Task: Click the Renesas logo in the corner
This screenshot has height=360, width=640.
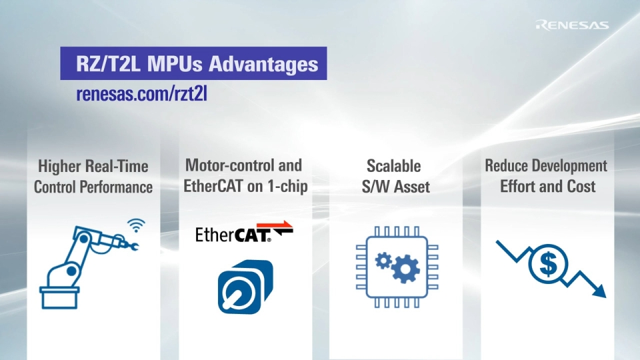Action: pyautogui.click(x=572, y=25)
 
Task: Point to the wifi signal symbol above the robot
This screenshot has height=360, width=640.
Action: pyautogui.click(x=136, y=225)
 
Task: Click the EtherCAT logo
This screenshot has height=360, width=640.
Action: pyautogui.click(x=244, y=234)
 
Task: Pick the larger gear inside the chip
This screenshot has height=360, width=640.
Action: pyautogui.click(x=405, y=269)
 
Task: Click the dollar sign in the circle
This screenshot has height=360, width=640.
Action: pyautogui.click(x=548, y=265)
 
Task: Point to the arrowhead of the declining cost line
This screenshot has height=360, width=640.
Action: pyautogui.click(x=599, y=291)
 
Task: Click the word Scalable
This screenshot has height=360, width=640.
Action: pyautogui.click(x=394, y=166)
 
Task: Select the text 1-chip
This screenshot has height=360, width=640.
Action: pyautogui.click(x=287, y=186)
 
